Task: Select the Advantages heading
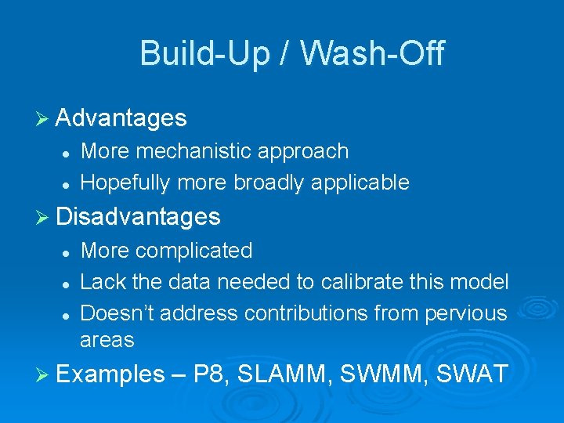[121, 118]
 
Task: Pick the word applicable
[360, 183]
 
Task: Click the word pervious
[465, 313]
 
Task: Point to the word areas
[107, 340]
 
